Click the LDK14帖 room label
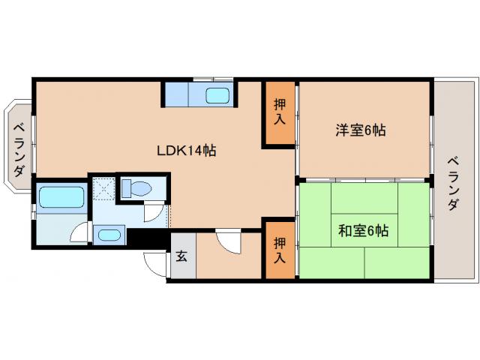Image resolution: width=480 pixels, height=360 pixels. (187, 150)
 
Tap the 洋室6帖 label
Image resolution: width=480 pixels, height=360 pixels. (361, 130)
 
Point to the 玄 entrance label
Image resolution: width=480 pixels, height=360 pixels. (181, 256)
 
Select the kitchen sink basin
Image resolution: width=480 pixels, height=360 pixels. (217, 95)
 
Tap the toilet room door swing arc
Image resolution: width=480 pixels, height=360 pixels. (152, 211)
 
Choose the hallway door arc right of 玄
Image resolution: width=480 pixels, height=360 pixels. (226, 241)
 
